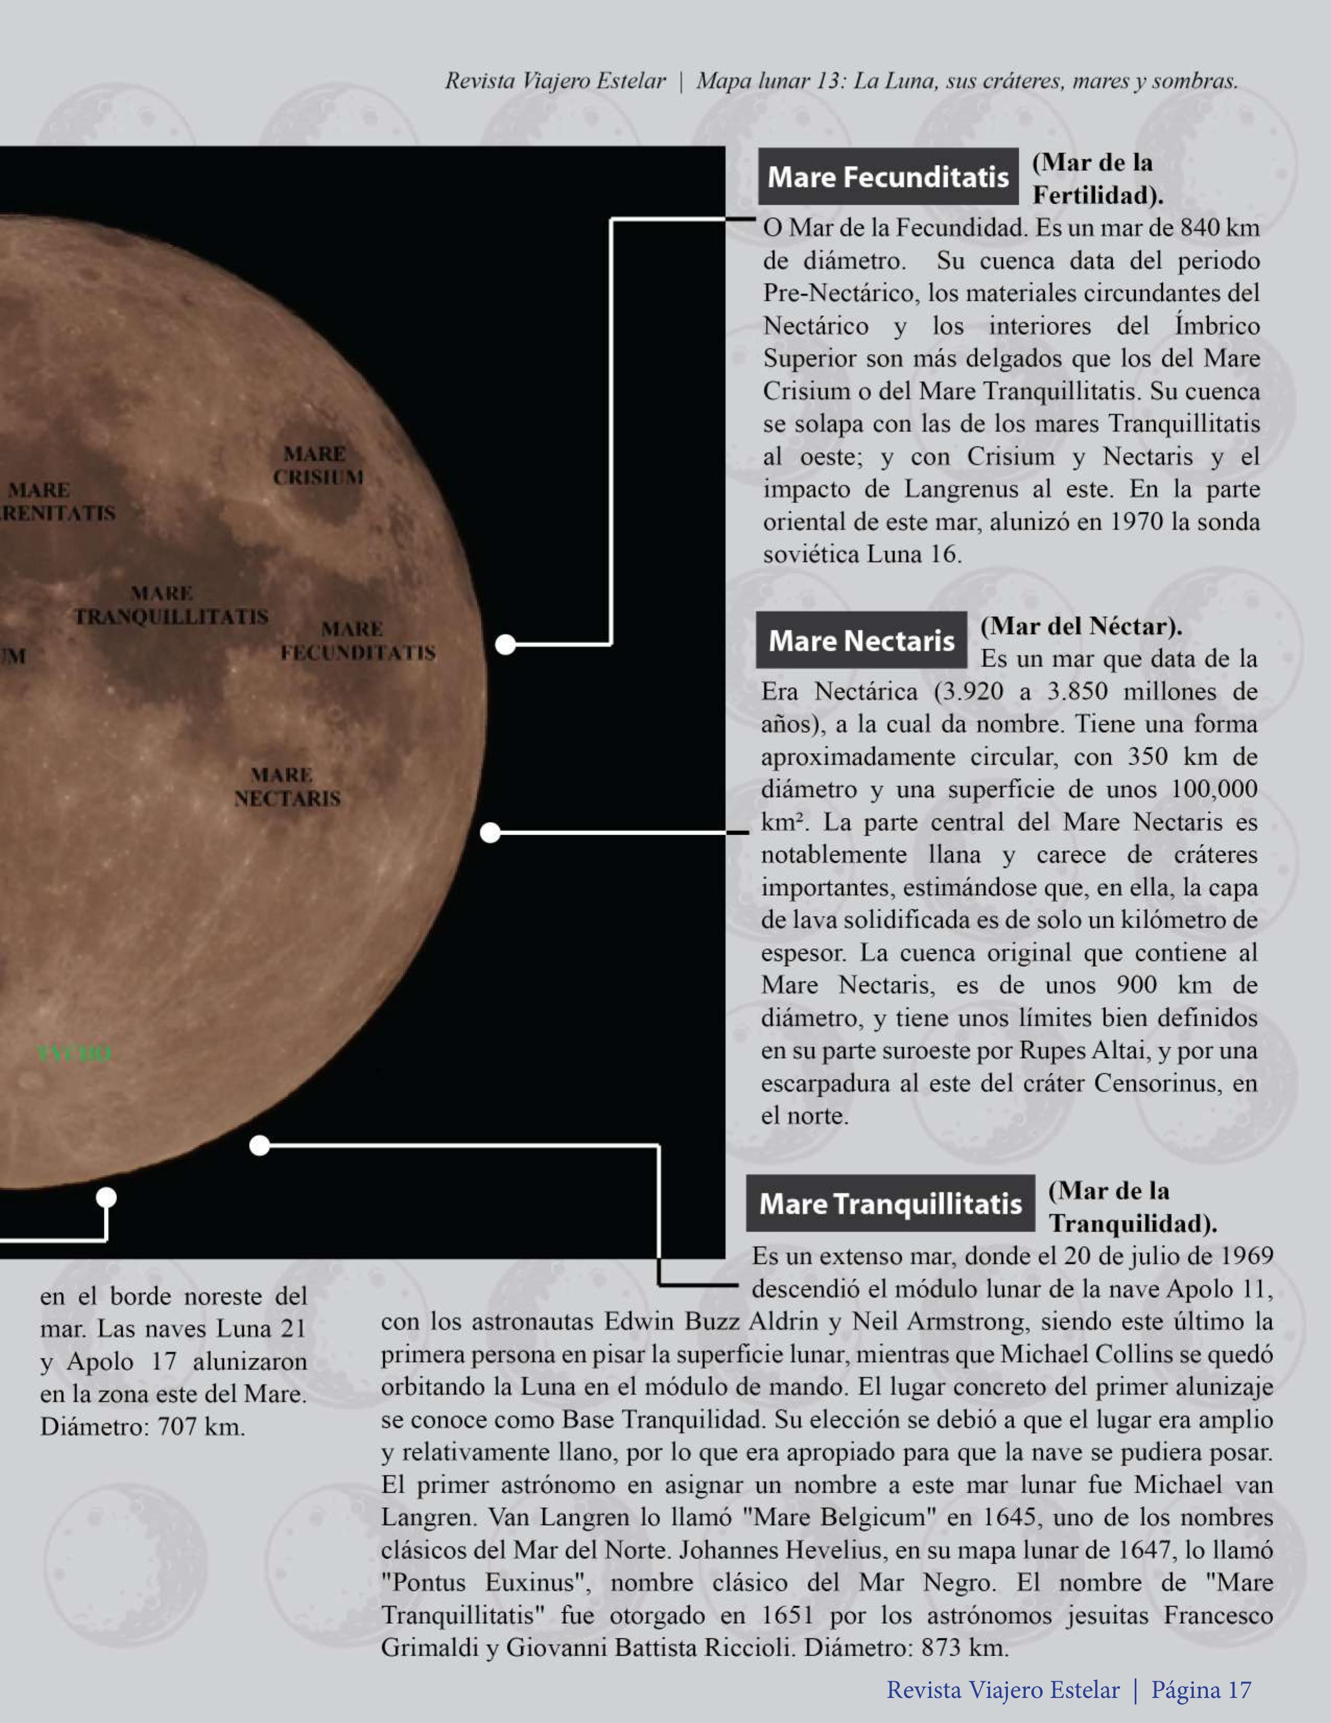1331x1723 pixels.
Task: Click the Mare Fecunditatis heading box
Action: coord(888,177)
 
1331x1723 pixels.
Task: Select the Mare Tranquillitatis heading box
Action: coord(890,1203)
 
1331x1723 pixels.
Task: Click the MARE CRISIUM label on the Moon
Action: coord(318,466)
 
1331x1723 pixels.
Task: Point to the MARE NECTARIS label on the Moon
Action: coord(287,787)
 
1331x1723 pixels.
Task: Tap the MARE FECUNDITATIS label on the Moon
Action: coord(358,640)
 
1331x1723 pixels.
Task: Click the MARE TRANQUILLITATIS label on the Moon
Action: coord(170,604)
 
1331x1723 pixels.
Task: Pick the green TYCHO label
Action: coord(74,1053)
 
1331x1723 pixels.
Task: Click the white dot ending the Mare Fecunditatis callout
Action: coord(505,645)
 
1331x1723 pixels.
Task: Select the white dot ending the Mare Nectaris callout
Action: coord(490,833)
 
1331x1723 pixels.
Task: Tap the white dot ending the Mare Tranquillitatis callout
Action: coord(259,1146)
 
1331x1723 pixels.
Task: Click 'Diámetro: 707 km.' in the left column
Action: coord(142,1427)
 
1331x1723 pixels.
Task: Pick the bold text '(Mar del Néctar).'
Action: coord(1081,626)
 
